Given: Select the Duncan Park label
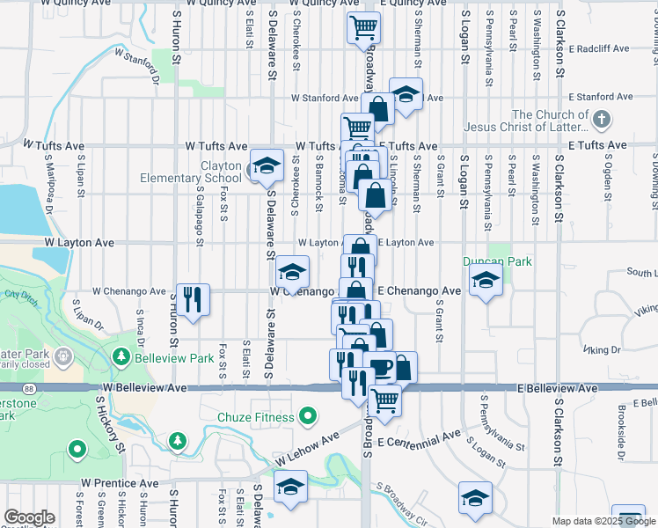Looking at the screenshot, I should pyautogui.click(x=486, y=261).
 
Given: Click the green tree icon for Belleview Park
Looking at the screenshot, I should pyautogui.click(x=121, y=357).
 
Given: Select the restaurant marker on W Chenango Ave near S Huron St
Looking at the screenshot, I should pyautogui.click(x=192, y=298).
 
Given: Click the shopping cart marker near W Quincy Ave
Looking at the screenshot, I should pyautogui.click(x=362, y=27).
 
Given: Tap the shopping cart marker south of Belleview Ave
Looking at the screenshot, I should pyautogui.click(x=385, y=400).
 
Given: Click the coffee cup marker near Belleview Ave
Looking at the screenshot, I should pyautogui.click(x=380, y=366).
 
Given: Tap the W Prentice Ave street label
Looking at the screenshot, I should pyautogui.click(x=120, y=483).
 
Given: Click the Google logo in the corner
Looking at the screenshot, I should pyautogui.click(x=29, y=517).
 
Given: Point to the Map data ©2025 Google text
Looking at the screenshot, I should pyautogui.click(x=603, y=521).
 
